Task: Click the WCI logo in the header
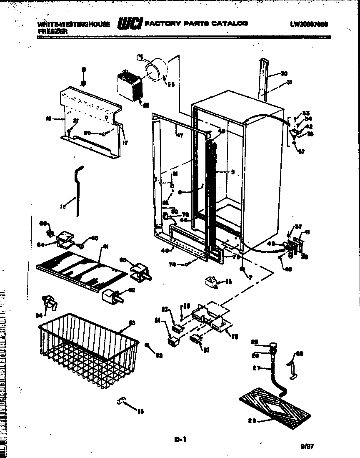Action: (x=130, y=24)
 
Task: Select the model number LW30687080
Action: (x=308, y=24)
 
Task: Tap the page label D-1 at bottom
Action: (x=180, y=439)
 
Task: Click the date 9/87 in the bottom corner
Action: (x=307, y=445)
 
